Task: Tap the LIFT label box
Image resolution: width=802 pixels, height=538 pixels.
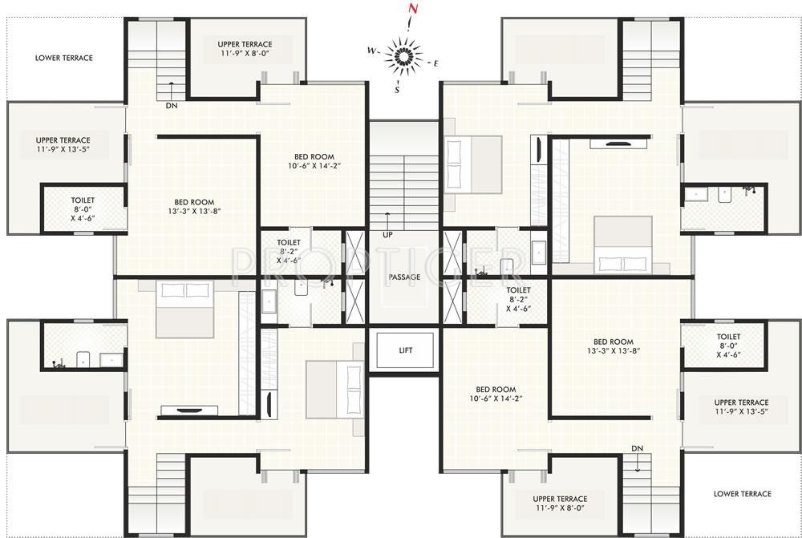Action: [x=405, y=350]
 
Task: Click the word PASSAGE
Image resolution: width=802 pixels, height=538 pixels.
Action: [x=405, y=277]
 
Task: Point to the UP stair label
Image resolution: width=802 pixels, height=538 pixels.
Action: [x=388, y=235]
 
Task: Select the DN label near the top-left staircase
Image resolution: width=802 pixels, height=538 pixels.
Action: [x=172, y=106]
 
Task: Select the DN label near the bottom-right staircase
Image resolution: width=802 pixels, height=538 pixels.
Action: [x=637, y=448]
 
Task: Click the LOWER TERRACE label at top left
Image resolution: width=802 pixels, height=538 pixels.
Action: [x=64, y=58]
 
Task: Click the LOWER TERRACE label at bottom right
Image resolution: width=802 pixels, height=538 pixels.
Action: [x=742, y=494]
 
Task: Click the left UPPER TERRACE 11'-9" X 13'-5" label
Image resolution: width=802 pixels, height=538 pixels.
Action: [x=63, y=144]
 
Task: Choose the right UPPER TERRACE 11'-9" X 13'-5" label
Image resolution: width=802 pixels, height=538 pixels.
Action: [x=741, y=407]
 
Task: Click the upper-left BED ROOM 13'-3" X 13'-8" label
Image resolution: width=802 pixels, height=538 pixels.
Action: [x=197, y=207]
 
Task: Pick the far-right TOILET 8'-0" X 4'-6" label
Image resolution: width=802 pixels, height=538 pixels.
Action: [x=728, y=346]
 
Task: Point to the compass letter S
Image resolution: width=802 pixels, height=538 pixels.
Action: [x=397, y=90]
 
